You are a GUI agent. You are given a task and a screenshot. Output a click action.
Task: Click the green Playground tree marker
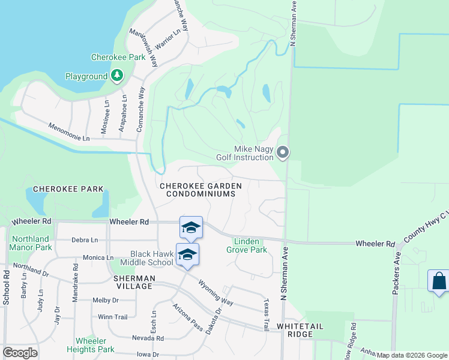pyautogui.click(x=117, y=76)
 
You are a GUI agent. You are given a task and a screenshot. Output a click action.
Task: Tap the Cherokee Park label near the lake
pyautogui.click(x=118, y=58)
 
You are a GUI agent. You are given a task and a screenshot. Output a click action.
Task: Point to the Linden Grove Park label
pyautogui.click(x=246, y=246)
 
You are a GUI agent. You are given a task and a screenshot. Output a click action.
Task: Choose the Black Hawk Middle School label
pyautogui.click(x=146, y=258)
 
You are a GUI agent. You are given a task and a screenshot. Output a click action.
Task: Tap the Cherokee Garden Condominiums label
pyautogui.click(x=201, y=190)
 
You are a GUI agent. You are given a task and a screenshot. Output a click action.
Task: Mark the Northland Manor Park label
pyautogui.click(x=31, y=243)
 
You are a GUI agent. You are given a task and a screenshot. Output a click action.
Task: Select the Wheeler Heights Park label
pyautogui.click(x=95, y=345)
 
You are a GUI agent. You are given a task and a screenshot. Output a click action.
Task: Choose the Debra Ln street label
pyautogui.click(x=84, y=240)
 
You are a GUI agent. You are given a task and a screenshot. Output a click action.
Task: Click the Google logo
pyautogui.click(x=20, y=353)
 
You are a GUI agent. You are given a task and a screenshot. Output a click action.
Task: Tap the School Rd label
pyautogui.click(x=5, y=287)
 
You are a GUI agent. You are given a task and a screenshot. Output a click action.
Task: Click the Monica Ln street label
pyautogui.click(x=94, y=257)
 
